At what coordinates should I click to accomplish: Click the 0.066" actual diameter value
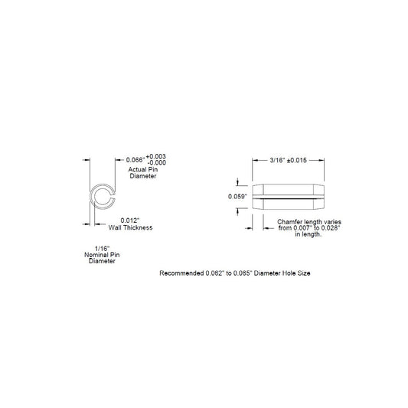coord(135,160)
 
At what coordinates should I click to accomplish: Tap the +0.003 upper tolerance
coord(156,156)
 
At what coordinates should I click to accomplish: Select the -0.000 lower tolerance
coord(156,163)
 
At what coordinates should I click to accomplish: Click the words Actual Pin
coord(143,169)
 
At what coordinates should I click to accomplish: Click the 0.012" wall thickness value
coord(130,220)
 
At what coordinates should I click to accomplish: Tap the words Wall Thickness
coord(130,227)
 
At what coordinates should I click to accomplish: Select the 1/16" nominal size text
coord(103,249)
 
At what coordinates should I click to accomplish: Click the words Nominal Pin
coord(102,255)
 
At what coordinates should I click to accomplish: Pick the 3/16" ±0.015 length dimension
coord(289,160)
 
